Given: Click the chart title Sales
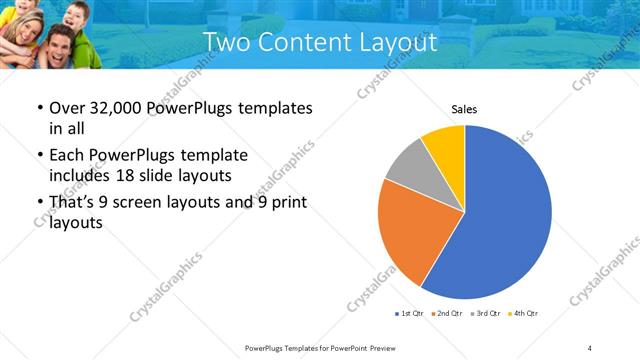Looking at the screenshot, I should coord(464,109).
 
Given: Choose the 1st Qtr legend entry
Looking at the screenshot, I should coord(411,314).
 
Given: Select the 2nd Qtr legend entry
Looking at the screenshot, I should coord(447,314).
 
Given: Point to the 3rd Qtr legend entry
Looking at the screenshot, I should coord(484,314).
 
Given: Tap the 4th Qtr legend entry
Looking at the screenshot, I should coord(521,314).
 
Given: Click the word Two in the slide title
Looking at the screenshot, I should coord(223,43).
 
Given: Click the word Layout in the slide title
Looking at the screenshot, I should coord(391,43).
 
